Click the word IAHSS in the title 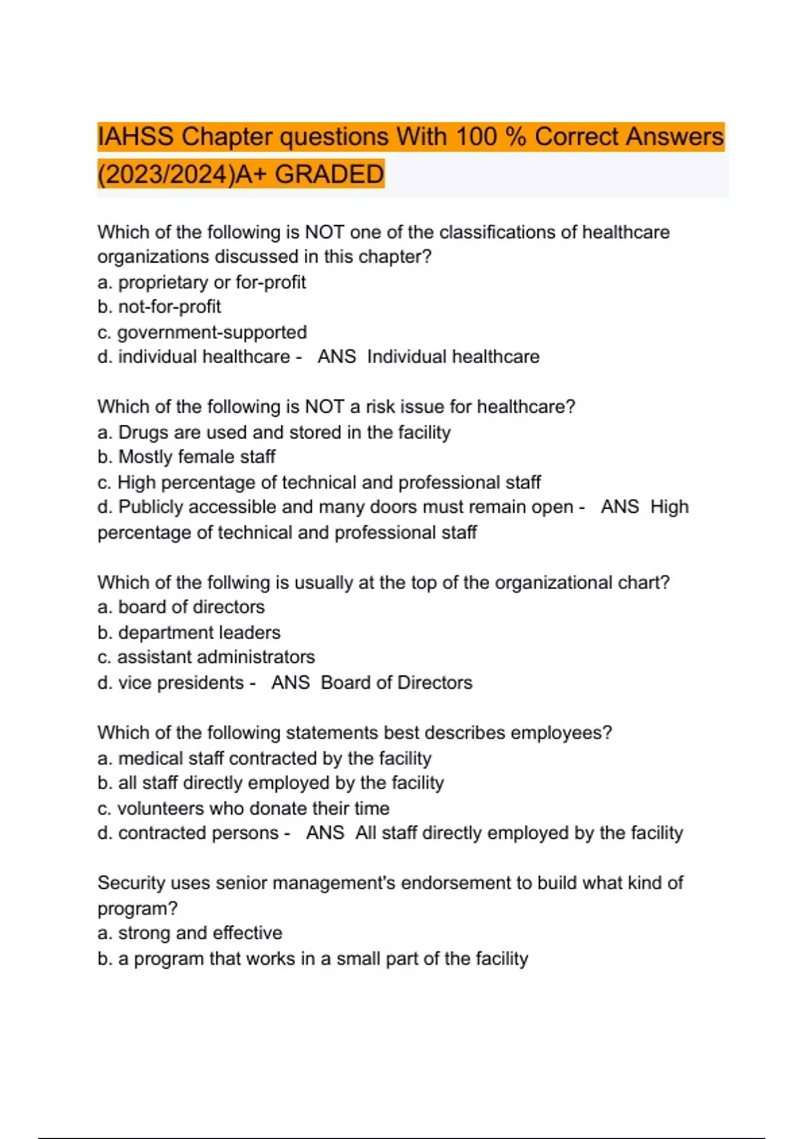(x=136, y=137)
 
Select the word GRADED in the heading (x=329, y=174)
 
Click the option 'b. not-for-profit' (x=159, y=307)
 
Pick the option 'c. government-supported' (x=202, y=332)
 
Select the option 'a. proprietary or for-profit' (x=201, y=282)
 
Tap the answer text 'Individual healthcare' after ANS (x=453, y=356)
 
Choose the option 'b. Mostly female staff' (x=186, y=457)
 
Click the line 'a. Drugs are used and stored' (x=273, y=432)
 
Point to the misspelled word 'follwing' (x=239, y=582)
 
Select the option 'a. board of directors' (x=181, y=607)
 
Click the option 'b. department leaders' (x=188, y=632)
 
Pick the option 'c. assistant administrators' (x=206, y=657)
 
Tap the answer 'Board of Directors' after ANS (x=396, y=683)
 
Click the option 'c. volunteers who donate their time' (x=243, y=809)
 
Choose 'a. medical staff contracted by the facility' (x=264, y=758)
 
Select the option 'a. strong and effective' (x=190, y=933)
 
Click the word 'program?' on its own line (x=137, y=909)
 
